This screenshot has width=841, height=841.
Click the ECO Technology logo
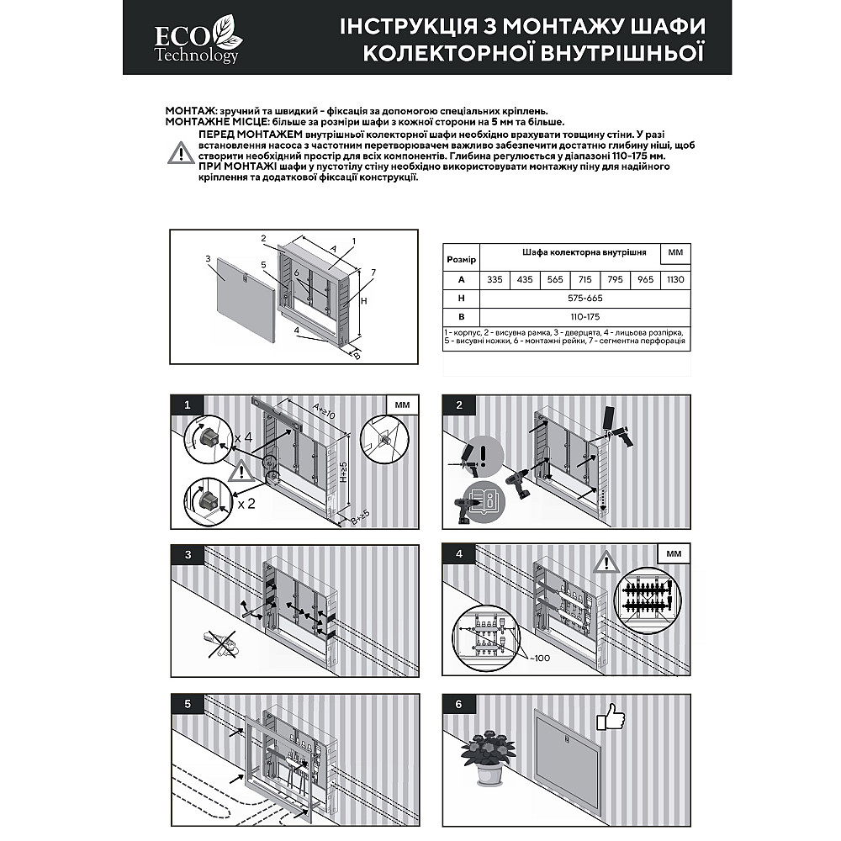tap(197, 40)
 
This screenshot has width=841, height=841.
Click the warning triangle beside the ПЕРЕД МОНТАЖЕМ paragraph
tap(181, 153)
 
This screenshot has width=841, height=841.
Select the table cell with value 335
tap(495, 279)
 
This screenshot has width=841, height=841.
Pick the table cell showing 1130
tap(674, 279)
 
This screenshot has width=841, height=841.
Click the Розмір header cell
tap(461, 260)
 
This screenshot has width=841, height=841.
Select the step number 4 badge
tap(459, 554)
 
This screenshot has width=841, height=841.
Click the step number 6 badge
tap(459, 704)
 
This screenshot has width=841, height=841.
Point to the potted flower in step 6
tap(489, 754)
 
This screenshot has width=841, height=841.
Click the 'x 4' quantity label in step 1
tap(244, 438)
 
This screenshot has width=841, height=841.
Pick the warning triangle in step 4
tap(605, 562)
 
